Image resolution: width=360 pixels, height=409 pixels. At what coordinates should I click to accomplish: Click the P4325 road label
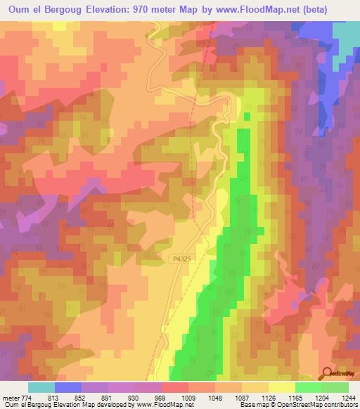[181, 259]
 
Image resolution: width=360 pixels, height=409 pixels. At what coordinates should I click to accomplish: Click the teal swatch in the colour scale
[41, 387]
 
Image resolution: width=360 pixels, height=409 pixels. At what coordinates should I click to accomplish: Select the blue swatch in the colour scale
[68, 387]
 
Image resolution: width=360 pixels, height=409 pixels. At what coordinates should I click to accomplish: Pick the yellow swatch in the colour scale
[282, 387]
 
